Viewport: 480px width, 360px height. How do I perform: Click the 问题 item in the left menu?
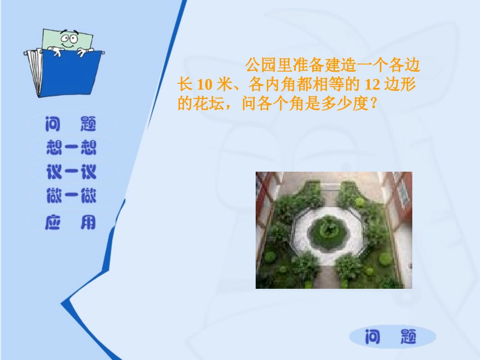pos(71,124)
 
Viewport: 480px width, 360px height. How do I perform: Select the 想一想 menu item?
pos(71,147)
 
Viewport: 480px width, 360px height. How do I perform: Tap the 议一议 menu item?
pos(71,172)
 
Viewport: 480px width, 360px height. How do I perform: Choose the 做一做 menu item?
pos(71,196)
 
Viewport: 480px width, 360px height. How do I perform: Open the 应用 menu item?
pos(71,222)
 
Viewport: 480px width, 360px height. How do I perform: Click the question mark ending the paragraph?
pos(373,104)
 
